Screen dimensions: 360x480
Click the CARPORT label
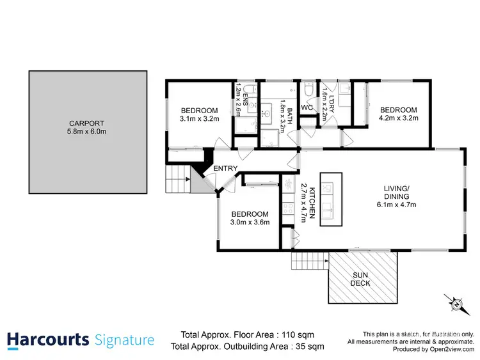(87, 123)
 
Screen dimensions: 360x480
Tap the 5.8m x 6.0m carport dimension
(87, 132)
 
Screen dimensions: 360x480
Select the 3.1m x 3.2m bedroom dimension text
(199, 118)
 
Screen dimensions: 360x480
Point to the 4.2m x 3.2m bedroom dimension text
(398, 118)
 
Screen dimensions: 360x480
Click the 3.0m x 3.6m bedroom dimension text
(250, 222)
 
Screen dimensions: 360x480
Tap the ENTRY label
(226, 169)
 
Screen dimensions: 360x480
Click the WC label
(307, 108)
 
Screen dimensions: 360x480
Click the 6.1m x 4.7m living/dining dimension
(397, 205)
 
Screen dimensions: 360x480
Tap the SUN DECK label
(362, 279)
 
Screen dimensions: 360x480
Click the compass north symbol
(455, 304)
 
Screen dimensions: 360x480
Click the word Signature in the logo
(124, 340)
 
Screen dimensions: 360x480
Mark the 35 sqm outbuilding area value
(308, 347)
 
